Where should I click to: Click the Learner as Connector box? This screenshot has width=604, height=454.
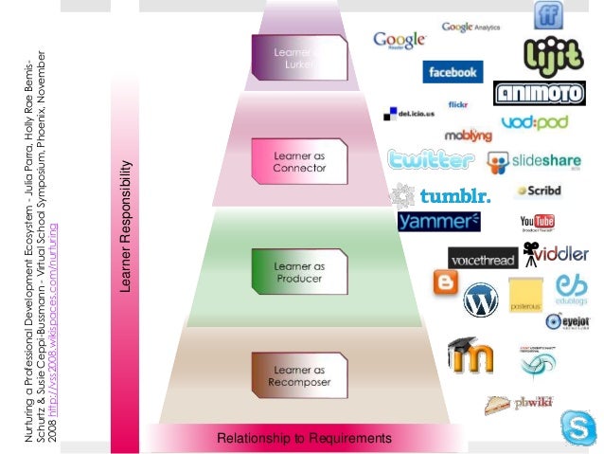(x=299, y=160)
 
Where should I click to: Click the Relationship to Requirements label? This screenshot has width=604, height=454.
(x=303, y=438)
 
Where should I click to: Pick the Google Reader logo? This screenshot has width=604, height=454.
(x=399, y=42)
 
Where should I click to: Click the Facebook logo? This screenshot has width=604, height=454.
(x=453, y=72)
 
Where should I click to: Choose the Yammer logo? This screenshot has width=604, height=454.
(x=439, y=222)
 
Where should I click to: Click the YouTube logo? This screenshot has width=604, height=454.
(x=536, y=224)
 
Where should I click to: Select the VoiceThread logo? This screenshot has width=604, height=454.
(x=483, y=258)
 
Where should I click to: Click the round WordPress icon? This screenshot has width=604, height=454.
(x=480, y=300)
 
